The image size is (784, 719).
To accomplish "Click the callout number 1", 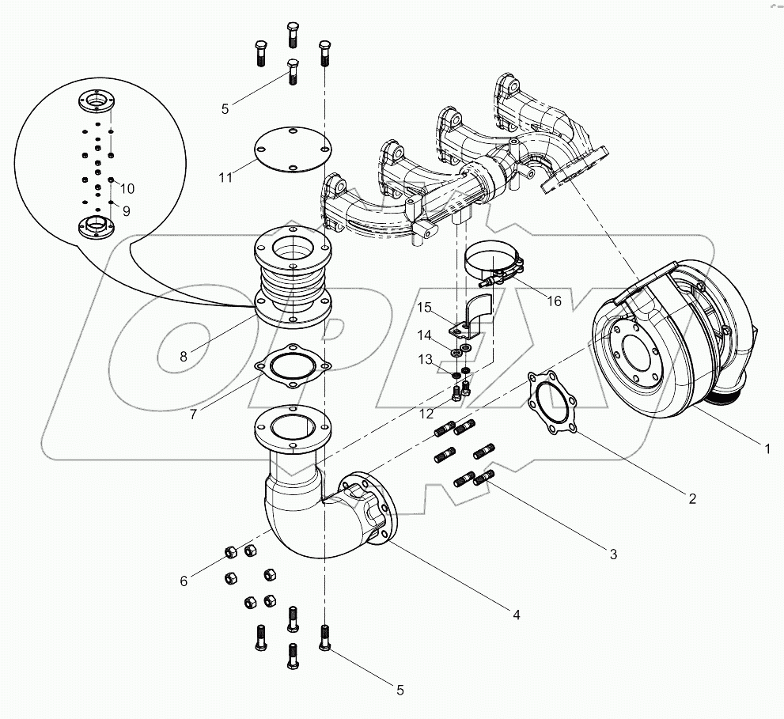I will coord(767,448).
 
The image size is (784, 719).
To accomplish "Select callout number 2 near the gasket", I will coord(691,498).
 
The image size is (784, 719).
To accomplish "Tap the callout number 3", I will coord(613,554).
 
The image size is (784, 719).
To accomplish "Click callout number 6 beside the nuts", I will coord(184,581).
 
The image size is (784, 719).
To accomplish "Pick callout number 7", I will coord(194,412).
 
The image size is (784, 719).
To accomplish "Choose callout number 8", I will coord(184,356).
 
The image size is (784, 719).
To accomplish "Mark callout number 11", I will coord(226,177).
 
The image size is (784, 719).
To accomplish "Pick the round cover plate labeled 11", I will coord(292,151).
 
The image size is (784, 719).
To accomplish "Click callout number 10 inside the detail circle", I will coord(127,188).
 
